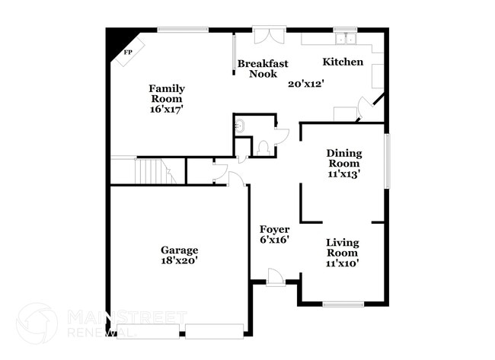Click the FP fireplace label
pyautogui.click(x=128, y=52)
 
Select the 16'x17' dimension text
pyautogui.click(x=166, y=110)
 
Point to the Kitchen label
pyautogui.click(x=343, y=62)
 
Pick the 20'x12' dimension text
pyautogui.click(x=306, y=84)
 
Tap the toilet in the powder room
pyautogui.click(x=263, y=148)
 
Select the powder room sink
pyautogui.click(x=241, y=126)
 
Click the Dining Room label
pyautogui.click(x=343, y=158)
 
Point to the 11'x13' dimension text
pyautogui.click(x=343, y=174)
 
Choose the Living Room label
pyautogui.click(x=343, y=248)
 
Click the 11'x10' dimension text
pyautogui.click(x=343, y=263)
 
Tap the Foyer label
pyautogui.click(x=274, y=229)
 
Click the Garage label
pyautogui.click(x=179, y=250)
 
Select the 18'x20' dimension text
pyautogui.click(x=179, y=261)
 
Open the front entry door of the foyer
pyautogui.click(x=276, y=280)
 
